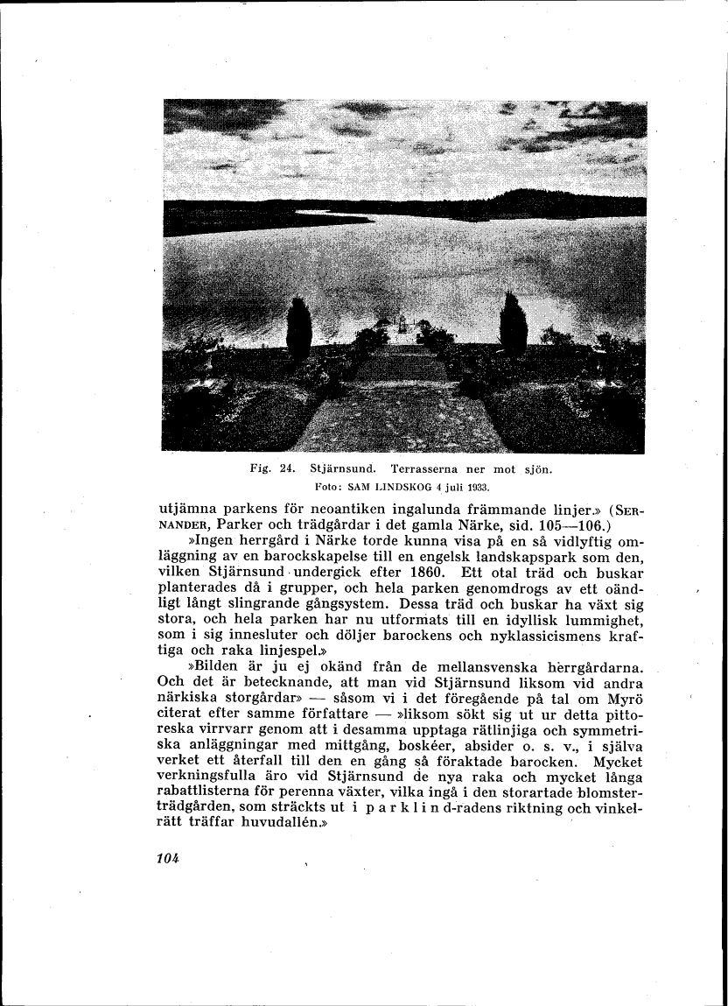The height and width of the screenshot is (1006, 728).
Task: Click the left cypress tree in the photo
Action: (x=299, y=327)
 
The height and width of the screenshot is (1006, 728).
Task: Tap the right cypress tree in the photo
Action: (x=514, y=325)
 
